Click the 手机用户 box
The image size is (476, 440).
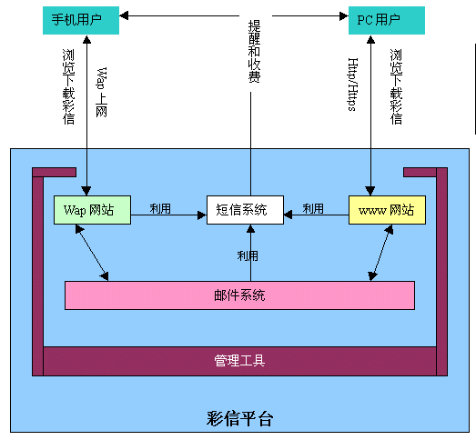[x=81, y=20]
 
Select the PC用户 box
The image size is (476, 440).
[x=387, y=20]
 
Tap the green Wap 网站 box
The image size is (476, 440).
[x=92, y=210]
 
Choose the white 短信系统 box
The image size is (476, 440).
[x=246, y=210]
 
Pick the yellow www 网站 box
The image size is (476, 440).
[x=387, y=210]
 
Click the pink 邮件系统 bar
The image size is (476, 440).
[x=240, y=295]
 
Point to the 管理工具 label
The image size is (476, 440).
[x=239, y=361]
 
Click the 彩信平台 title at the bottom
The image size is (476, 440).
[x=240, y=419]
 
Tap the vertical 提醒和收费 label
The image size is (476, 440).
[x=255, y=51]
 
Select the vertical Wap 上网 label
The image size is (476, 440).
[x=102, y=92]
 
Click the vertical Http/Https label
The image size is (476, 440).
[x=353, y=85]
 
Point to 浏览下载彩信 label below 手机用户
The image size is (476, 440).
[x=68, y=86]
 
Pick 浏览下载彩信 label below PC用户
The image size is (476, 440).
[x=396, y=86]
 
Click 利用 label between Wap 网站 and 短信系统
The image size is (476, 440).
[x=160, y=208]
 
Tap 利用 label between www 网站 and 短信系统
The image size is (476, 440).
[x=313, y=208]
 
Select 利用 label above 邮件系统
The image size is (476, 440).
[x=248, y=256]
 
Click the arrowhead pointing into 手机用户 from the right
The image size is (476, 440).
[x=124, y=15]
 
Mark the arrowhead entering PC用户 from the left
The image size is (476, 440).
[x=344, y=15]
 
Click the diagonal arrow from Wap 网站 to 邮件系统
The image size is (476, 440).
[x=92, y=253]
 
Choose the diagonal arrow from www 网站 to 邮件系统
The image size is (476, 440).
[x=380, y=253]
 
